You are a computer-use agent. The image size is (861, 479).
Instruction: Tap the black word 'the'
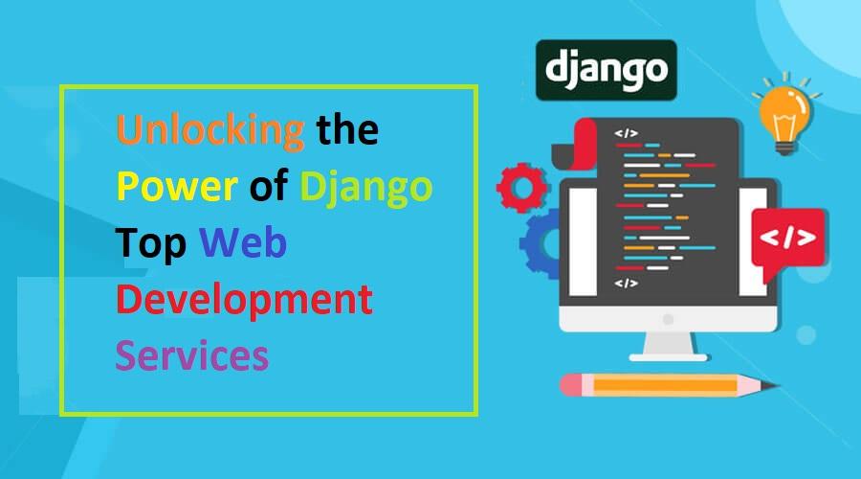(347, 129)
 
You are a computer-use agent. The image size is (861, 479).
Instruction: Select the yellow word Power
(177, 187)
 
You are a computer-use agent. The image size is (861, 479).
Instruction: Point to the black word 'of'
(269, 185)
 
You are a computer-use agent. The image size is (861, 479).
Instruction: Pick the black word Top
(150, 243)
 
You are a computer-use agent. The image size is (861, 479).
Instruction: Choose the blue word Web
(243, 242)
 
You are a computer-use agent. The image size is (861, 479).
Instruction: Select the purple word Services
(191, 355)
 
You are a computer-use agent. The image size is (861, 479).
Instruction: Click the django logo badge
(607, 70)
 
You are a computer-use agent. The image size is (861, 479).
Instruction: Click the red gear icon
(521, 188)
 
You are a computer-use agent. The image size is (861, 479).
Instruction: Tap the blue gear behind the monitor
(541, 243)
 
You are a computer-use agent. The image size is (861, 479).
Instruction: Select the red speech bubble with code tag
(788, 240)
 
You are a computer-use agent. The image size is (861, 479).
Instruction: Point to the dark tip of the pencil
(771, 385)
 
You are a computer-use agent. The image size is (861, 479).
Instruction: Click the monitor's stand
(669, 347)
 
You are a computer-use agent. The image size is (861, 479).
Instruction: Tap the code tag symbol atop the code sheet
(626, 133)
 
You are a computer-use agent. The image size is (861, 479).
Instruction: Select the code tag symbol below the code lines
(626, 284)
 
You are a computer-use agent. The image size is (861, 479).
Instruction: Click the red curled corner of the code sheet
(585, 144)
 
